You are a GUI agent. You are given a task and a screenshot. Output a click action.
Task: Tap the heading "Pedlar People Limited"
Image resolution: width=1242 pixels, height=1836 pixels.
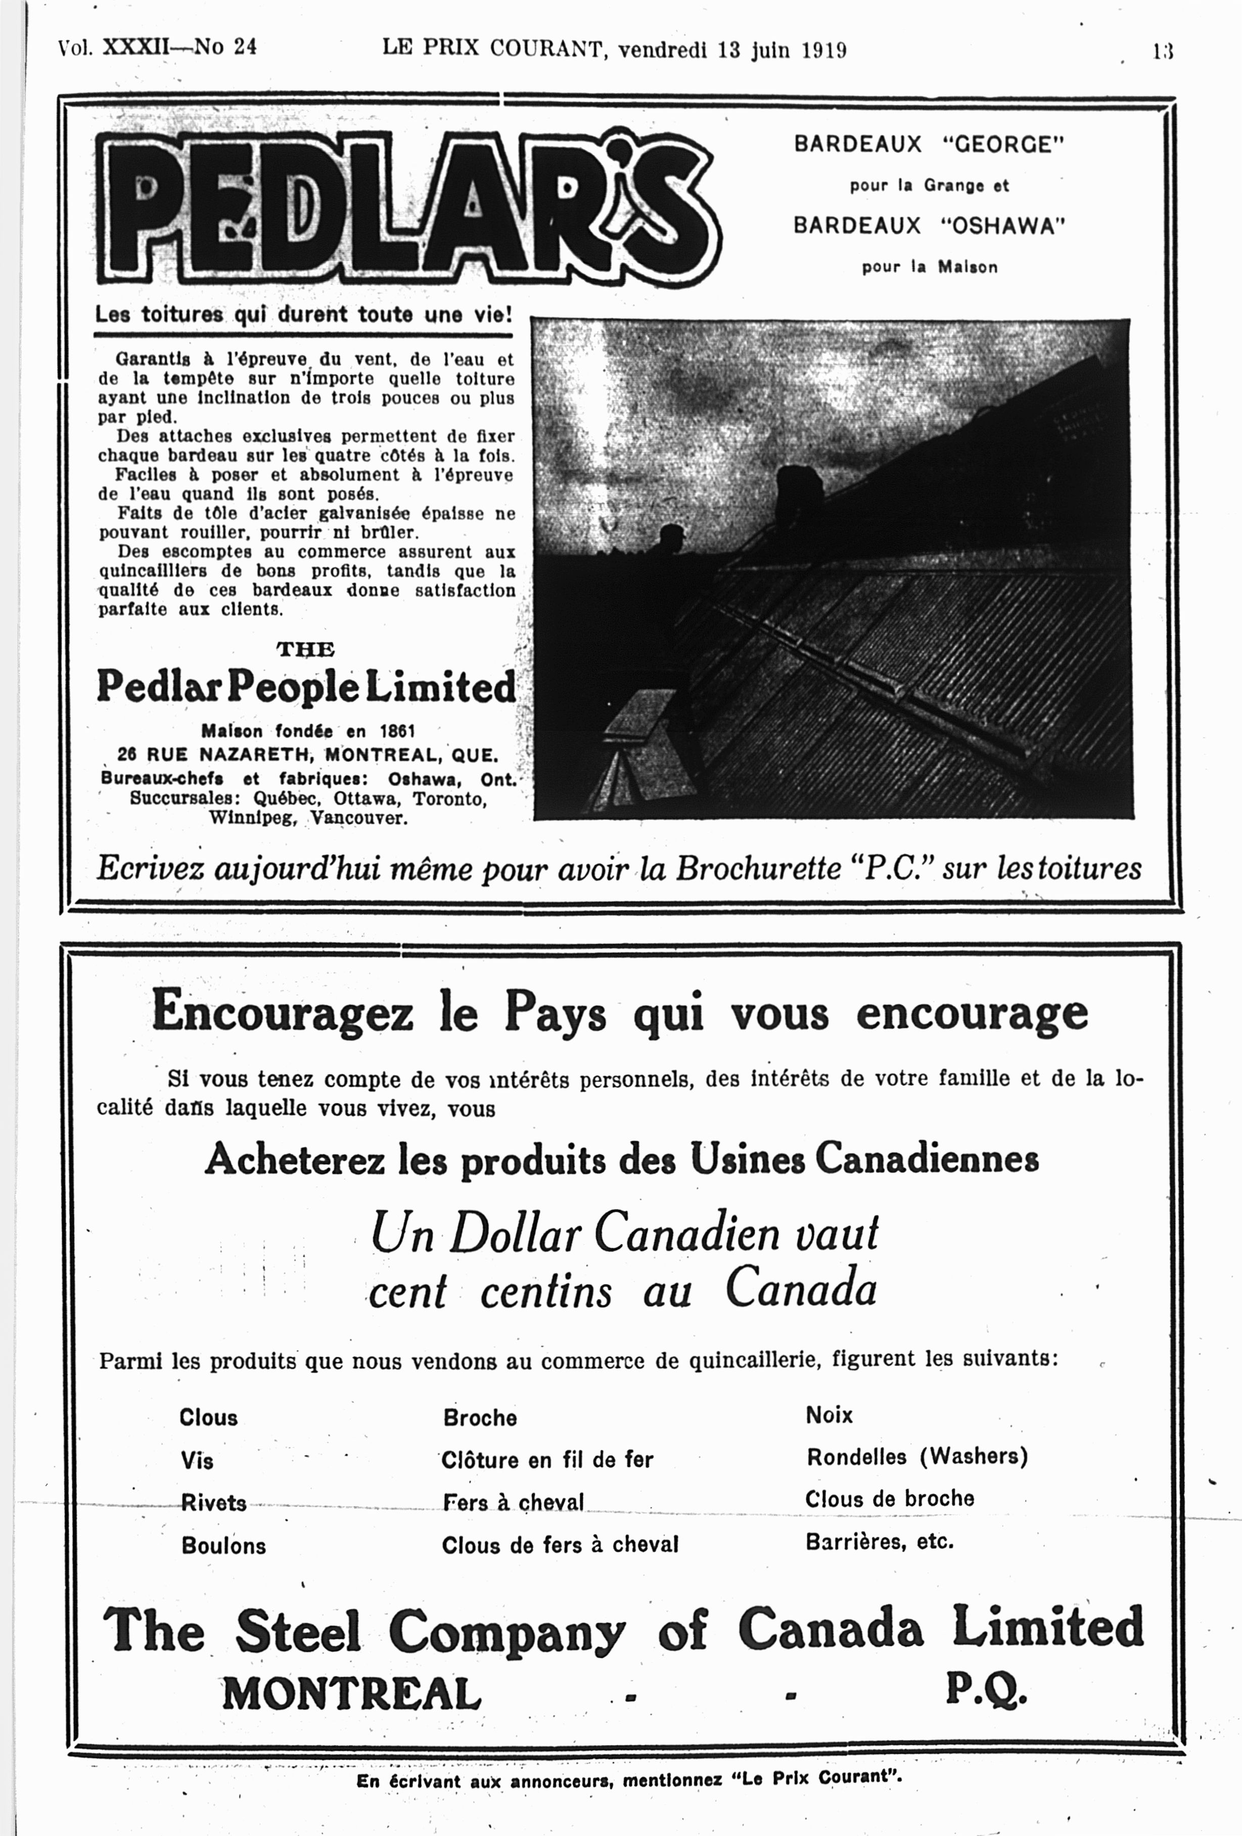(x=305, y=687)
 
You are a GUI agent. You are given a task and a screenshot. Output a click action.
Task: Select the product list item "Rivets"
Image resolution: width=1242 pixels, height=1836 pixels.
(x=214, y=1502)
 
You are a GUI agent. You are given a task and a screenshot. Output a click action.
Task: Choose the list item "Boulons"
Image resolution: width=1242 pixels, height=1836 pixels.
(x=223, y=1545)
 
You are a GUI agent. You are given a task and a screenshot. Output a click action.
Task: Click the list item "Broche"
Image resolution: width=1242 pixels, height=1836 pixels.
(x=480, y=1418)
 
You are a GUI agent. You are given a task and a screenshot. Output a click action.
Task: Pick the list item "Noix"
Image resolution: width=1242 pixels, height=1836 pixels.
(x=829, y=1415)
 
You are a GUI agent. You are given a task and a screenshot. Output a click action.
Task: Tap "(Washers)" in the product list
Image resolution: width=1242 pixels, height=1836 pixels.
(x=973, y=1457)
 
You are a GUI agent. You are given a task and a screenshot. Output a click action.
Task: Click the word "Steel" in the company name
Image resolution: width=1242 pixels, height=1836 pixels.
(x=298, y=1630)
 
